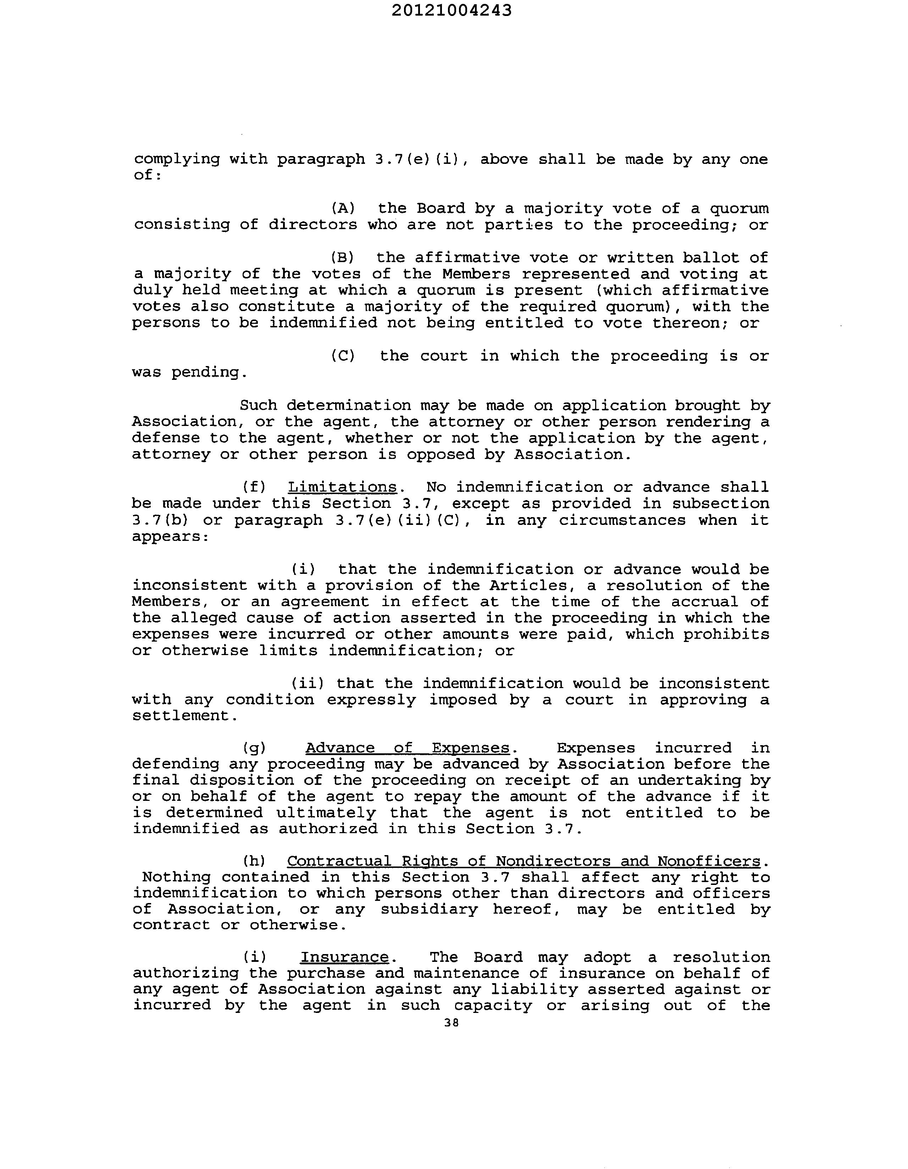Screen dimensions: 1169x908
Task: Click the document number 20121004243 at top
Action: click(x=451, y=11)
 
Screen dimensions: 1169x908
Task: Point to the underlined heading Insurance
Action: click(x=344, y=957)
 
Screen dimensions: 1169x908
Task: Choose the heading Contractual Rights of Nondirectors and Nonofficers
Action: click(x=523, y=861)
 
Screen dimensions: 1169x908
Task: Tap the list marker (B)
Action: click(x=343, y=257)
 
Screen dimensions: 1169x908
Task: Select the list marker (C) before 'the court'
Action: click(x=343, y=356)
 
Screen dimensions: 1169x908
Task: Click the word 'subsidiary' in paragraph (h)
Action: click(x=429, y=909)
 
